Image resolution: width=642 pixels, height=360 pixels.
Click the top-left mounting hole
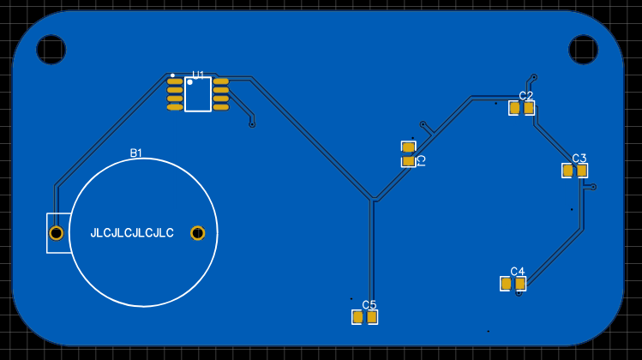(51, 50)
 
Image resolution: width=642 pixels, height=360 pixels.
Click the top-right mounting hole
(583, 50)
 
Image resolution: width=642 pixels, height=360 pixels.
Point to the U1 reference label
(198, 75)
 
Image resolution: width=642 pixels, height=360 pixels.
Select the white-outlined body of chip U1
(198, 95)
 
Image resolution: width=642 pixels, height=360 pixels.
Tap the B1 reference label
(136, 153)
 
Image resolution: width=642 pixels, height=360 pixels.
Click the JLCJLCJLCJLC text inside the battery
(132, 233)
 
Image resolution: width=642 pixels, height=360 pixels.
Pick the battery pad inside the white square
(56, 233)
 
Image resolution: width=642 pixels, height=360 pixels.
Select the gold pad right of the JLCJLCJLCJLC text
(197, 233)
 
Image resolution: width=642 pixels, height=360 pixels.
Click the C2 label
(526, 96)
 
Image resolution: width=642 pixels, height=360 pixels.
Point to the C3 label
(579, 159)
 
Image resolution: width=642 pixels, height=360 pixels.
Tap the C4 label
(518, 272)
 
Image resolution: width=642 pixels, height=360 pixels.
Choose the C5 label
(369, 305)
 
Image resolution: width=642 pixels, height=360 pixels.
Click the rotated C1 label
(421, 160)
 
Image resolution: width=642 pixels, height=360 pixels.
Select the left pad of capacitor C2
(514, 108)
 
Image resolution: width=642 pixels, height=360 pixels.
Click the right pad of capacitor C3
(582, 171)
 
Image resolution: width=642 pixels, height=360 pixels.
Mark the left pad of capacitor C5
(357, 317)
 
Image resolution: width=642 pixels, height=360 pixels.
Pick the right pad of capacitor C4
(519, 284)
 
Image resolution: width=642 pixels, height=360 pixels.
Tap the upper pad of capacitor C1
(408, 147)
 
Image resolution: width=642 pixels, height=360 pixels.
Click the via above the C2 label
(534, 77)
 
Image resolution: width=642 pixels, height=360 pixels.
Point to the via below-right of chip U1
(252, 124)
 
